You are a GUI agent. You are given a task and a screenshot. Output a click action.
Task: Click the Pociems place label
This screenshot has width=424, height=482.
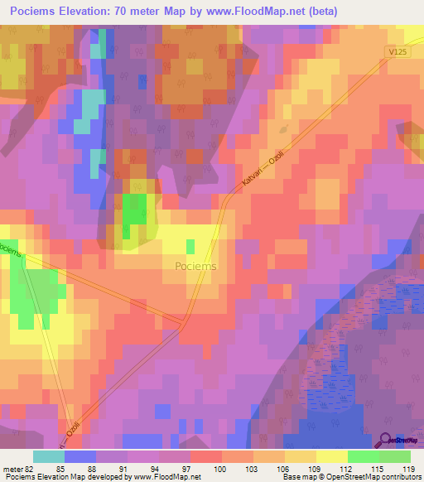pos(196,266)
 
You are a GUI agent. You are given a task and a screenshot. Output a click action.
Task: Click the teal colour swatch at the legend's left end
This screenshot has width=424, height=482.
pos(49,456)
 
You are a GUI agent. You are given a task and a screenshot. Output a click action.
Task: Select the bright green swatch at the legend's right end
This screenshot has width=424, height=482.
pos(394,456)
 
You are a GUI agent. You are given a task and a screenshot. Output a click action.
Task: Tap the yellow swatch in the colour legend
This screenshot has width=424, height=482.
pos(331,456)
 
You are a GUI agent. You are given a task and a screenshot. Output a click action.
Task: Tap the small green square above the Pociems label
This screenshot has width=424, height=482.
pos(191,247)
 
